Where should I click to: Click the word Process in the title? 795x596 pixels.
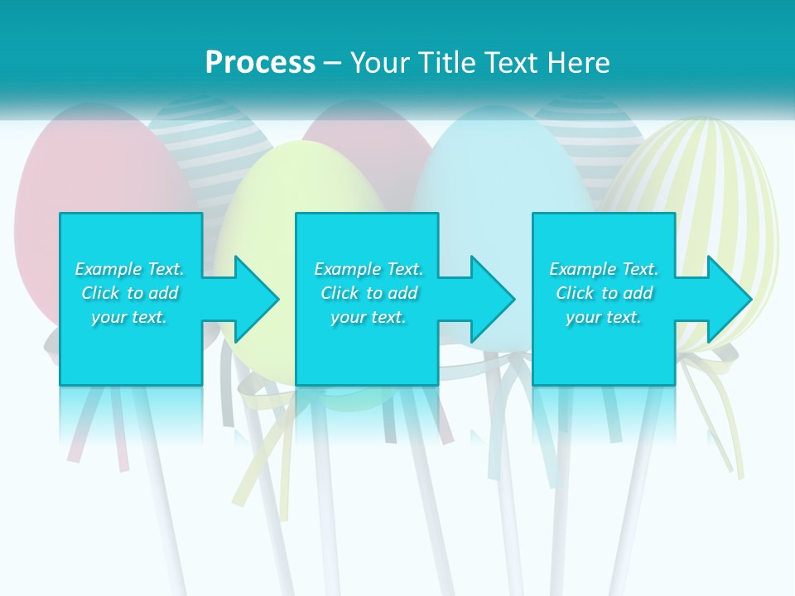coord(260,63)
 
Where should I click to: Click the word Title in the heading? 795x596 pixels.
coord(438,63)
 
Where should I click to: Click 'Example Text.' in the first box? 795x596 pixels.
coord(129,269)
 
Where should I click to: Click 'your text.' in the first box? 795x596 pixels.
coord(129,317)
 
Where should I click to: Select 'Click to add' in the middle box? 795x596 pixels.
coord(369,293)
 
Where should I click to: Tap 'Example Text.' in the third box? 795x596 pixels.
coord(604,269)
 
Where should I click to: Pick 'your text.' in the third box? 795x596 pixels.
coord(604,317)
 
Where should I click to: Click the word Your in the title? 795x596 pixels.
coord(380,63)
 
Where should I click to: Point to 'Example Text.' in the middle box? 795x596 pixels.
coord(369,269)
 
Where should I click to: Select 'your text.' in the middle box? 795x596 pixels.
coord(369,317)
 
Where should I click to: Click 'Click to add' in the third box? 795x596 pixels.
coord(604,293)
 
